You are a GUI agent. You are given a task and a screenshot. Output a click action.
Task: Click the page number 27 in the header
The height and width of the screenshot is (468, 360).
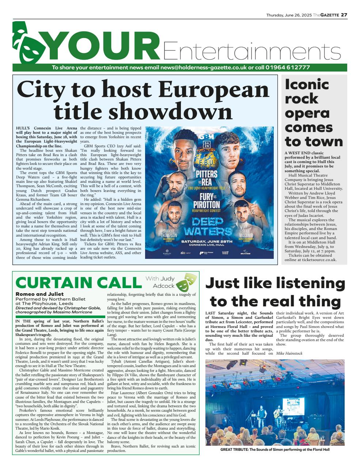pos(344,15)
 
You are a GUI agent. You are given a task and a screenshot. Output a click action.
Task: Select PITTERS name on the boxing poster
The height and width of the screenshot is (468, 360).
pos(206,174)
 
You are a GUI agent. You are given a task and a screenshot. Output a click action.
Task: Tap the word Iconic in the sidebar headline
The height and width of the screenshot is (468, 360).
pos(307,84)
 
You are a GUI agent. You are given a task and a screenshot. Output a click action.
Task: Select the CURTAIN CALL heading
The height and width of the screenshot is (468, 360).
pos(78,283)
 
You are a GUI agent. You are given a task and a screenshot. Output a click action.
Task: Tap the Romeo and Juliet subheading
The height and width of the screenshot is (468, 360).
pos(39,294)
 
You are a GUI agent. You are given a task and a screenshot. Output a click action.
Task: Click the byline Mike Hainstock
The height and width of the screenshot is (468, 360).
pos(289,353)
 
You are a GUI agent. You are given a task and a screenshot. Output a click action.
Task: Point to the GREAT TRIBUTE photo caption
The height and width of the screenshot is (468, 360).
pos(275,450)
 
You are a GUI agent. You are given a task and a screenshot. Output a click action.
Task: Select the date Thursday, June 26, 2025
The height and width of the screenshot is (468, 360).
pos(289,15)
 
